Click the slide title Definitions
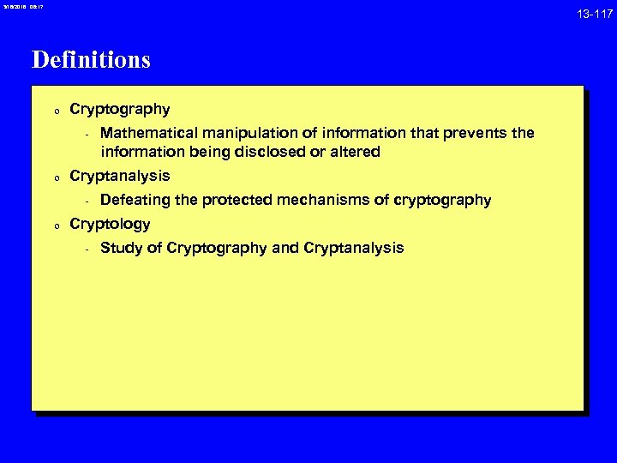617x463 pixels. pyautogui.click(x=91, y=60)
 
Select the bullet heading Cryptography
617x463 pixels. pyautogui.click(x=119, y=110)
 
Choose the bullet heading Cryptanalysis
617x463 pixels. pyautogui.click(x=119, y=177)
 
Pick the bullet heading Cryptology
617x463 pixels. pyautogui.click(x=110, y=225)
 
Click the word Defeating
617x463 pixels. pyautogui.click(x=135, y=201)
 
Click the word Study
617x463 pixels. pyautogui.click(x=120, y=249)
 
